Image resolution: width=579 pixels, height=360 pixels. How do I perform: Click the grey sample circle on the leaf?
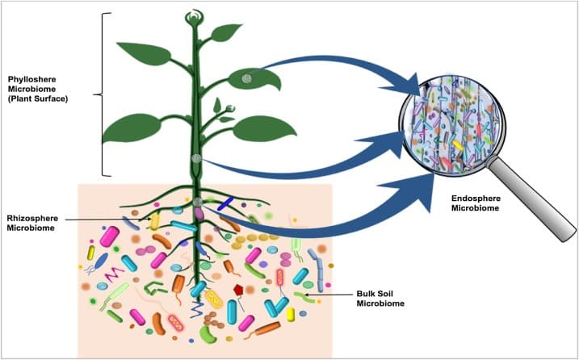(246, 78)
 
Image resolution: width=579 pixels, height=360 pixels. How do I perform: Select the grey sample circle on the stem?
(196, 160)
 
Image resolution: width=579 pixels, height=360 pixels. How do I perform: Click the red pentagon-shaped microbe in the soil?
(239, 289)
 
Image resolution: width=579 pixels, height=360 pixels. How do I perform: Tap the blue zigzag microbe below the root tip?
(196, 308)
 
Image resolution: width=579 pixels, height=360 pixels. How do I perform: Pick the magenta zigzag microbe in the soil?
(108, 262)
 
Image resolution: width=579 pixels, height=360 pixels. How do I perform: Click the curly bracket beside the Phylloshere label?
(100, 94)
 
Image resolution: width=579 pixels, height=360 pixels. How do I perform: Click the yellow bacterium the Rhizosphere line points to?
(154, 220)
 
